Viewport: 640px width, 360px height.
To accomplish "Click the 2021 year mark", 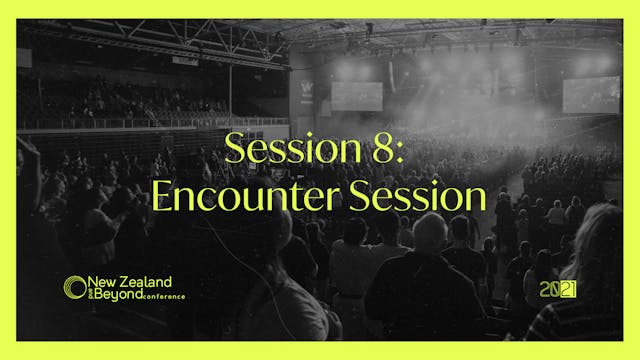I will [x=557, y=290].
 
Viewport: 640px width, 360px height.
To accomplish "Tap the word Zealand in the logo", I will [x=147, y=283].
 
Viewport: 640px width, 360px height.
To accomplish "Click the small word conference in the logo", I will [x=163, y=297].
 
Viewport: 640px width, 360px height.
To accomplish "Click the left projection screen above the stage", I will [x=357, y=95].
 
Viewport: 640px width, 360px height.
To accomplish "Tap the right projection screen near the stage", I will [x=590, y=94].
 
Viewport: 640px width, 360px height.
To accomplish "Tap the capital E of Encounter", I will [x=163, y=196].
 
